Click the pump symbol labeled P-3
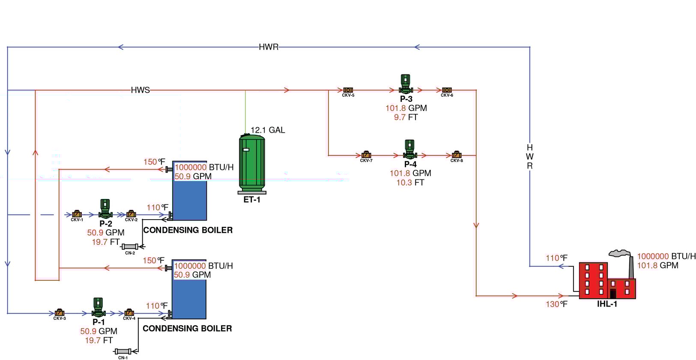405,84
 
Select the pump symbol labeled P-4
409,149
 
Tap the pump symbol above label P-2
105,208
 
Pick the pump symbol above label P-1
98,307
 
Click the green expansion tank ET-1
252,164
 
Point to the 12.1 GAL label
267,130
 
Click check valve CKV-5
348,90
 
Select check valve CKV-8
457,155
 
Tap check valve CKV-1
77,214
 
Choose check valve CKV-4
129,313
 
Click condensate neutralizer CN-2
130,247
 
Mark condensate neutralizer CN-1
123,351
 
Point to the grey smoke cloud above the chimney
620,253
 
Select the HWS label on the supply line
140,90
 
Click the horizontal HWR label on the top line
269,47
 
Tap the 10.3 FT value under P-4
410,183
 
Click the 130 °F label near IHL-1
556,304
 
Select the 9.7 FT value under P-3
406,117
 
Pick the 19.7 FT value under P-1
99,340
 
